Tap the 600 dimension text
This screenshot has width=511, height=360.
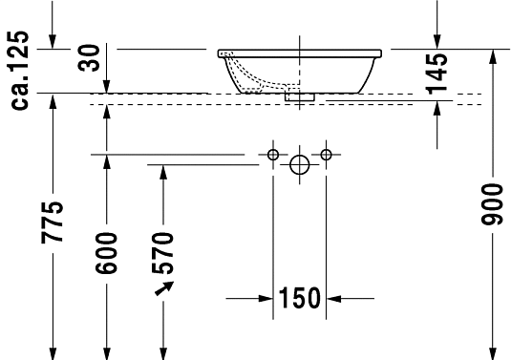107,253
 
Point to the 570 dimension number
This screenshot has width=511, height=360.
163,253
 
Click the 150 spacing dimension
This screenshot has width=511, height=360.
299,299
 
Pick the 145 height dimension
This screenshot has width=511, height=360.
437,72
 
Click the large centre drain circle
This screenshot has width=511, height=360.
300,166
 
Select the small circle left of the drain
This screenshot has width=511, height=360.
273,154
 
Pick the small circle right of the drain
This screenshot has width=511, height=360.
327,154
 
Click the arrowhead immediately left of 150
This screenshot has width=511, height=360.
266,299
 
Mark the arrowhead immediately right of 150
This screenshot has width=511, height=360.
333,299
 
